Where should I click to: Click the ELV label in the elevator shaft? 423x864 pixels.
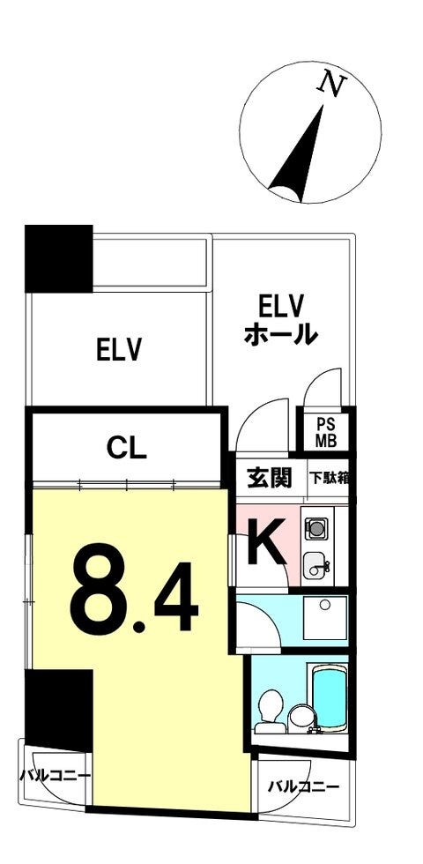click(x=120, y=349)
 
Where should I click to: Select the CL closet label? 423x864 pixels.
click(x=127, y=449)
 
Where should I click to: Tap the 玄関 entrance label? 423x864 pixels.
click(x=268, y=479)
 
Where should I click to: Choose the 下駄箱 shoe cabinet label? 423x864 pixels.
click(x=328, y=478)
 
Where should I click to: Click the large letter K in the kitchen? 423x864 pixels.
click(x=266, y=543)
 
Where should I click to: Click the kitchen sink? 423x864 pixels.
click(x=315, y=565)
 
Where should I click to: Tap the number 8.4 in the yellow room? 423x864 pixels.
click(x=133, y=588)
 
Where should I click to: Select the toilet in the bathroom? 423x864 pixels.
click(x=271, y=712)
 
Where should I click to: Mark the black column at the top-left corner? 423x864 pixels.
click(x=59, y=258)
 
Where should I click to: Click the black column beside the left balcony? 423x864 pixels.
click(x=59, y=711)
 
